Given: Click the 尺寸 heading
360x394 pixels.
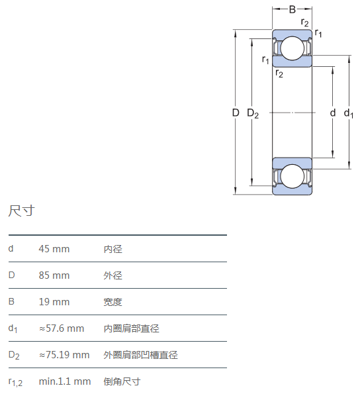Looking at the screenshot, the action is click(x=21, y=211).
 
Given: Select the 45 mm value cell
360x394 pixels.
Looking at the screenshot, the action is click(x=54, y=249).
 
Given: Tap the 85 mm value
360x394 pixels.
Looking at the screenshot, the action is click(x=54, y=275).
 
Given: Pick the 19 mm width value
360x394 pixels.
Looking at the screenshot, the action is click(x=54, y=302).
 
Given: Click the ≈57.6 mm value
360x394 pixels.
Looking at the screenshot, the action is click(x=62, y=328).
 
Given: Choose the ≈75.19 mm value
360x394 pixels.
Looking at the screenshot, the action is click(x=64, y=355).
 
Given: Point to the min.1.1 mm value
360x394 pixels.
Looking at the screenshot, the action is click(x=65, y=381).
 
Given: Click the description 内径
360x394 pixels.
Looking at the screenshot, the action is click(x=113, y=249).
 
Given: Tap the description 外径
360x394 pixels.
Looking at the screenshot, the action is click(x=113, y=275).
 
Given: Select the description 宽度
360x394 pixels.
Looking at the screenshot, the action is click(x=113, y=302).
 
